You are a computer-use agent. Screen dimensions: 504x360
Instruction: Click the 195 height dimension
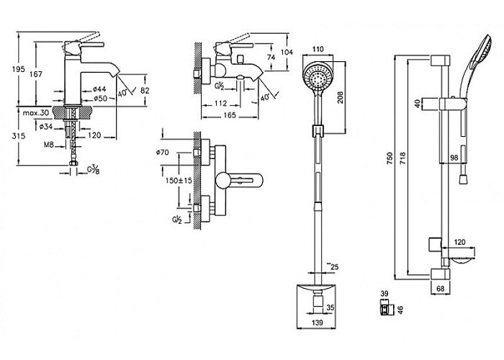point(18,69)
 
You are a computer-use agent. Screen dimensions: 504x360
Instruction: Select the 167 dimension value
point(36,74)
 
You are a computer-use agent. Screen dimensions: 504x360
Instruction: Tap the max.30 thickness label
point(36,113)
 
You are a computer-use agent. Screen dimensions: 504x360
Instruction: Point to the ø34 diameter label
point(46,127)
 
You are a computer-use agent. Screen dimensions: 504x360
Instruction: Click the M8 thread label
point(48,145)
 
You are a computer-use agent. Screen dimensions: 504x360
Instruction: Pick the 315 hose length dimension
point(18,136)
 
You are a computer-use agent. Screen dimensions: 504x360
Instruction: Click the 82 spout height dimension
point(145,91)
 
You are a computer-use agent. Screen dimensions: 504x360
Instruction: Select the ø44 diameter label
point(99,89)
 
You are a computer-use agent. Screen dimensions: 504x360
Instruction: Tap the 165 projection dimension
point(230,114)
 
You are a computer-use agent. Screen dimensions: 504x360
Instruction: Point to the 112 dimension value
point(220,103)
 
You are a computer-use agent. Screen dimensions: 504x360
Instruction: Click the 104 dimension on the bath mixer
point(287,52)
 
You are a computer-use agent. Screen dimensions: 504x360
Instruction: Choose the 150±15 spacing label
point(179,180)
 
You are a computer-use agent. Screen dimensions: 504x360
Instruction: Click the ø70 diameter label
point(162,153)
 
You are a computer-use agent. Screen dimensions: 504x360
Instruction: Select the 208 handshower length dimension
point(340,97)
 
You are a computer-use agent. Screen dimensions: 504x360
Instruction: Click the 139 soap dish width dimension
point(317,323)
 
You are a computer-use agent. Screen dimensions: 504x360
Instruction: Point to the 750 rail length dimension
point(390,158)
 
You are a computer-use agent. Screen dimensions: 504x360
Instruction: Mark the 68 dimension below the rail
point(441,289)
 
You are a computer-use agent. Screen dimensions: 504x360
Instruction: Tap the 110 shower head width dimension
point(318,49)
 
